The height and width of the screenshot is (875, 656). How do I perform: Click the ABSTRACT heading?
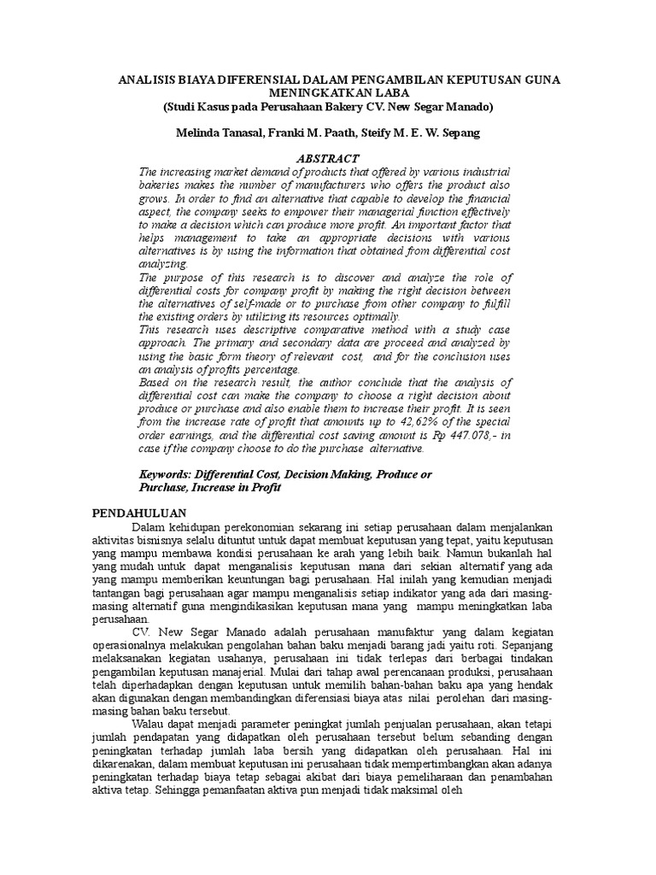click(327, 159)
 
